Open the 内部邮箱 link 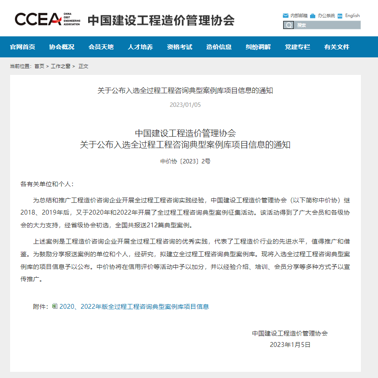pyautogui.click(x=298, y=16)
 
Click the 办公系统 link pyautogui.click(x=326, y=16)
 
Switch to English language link pyautogui.click(x=352, y=16)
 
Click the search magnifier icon pyautogui.click(x=288, y=25)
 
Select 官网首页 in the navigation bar pyautogui.click(x=22, y=47)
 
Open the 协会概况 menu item pyautogui.click(x=62, y=47)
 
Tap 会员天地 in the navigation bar pyautogui.click(x=101, y=47)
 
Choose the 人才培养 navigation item pyautogui.click(x=140, y=47)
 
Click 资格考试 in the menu pyautogui.click(x=180, y=47)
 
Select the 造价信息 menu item pyautogui.click(x=219, y=47)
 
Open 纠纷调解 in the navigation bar pyautogui.click(x=258, y=47)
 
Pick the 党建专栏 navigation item pyautogui.click(x=297, y=47)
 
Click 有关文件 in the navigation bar pyautogui.click(x=337, y=47)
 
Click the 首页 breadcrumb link pyautogui.click(x=39, y=66)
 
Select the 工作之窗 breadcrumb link pyautogui.click(x=60, y=66)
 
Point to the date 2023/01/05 pyautogui.click(x=185, y=105)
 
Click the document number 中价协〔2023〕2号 pyautogui.click(x=185, y=161)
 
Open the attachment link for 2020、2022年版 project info pyautogui.click(x=134, y=307)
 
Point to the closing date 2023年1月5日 pyautogui.click(x=290, y=345)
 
